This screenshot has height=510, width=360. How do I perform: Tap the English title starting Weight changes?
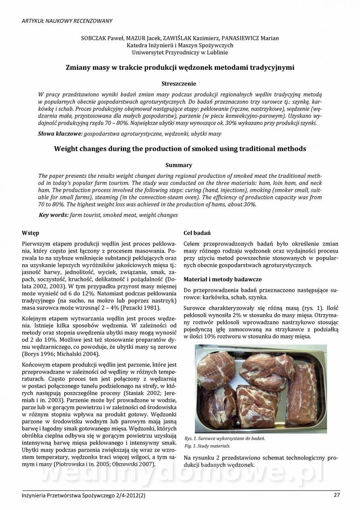(180, 149)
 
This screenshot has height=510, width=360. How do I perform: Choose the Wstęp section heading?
(31, 233)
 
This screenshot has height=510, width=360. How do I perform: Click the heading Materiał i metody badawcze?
(223, 279)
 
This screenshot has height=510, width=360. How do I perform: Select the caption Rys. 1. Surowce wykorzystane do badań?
(225, 438)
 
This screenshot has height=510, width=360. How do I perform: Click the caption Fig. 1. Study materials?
(207, 446)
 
